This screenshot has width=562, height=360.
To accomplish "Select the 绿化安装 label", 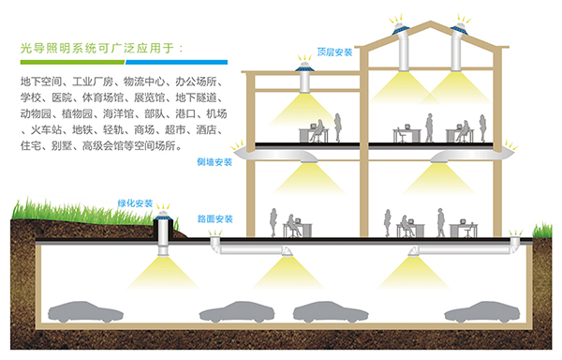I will (134, 202).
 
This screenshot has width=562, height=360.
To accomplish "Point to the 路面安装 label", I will (215, 219).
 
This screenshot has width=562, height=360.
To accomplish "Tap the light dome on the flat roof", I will (305, 67).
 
